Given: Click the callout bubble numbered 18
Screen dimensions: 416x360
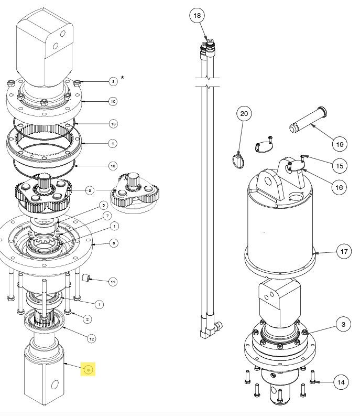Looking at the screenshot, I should click(197, 16).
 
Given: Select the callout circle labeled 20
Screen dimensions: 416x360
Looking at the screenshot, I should click(243, 113).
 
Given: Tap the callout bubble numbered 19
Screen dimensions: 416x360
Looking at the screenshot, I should click(339, 144).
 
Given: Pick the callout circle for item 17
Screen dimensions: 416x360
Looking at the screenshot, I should click(344, 252).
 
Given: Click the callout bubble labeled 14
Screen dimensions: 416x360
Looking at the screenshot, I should click(341, 382).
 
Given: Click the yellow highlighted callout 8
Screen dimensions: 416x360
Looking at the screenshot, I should click(89, 370).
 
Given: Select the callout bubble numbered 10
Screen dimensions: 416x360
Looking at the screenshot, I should click(113, 101).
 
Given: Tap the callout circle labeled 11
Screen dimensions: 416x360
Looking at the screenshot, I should click(113, 282).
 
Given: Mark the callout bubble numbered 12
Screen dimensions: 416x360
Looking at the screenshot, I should click(91, 339).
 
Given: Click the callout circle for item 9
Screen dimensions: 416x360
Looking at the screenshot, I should click(91, 190).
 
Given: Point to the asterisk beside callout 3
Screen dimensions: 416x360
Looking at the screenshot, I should click(123, 78).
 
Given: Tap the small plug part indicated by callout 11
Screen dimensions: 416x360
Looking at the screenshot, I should click(87, 277).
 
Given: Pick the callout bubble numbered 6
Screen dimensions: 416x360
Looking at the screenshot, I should click(113, 243).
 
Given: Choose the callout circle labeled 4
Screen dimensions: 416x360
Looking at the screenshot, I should click(113, 143).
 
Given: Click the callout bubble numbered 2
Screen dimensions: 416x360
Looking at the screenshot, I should click(88, 318).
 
